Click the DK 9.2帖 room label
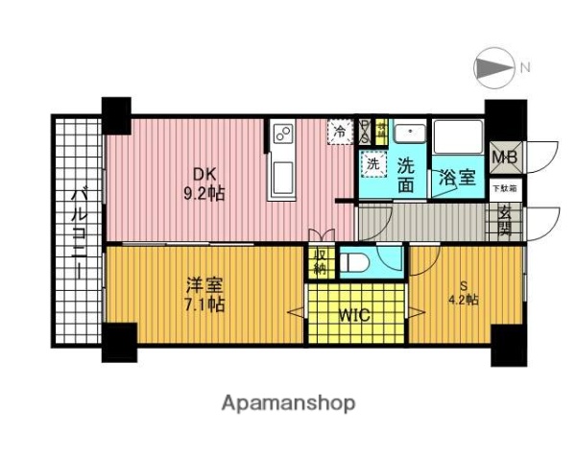pyautogui.click(x=206, y=183)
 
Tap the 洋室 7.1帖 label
pyautogui.click(x=204, y=295)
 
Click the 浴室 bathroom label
pyautogui.click(x=456, y=178)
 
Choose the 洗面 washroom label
pyautogui.click(x=407, y=174)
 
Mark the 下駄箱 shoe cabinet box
pyautogui.click(x=505, y=188)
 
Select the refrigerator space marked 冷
pyautogui.click(x=340, y=132)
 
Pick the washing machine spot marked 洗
pyautogui.click(x=372, y=163)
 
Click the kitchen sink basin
pyautogui.click(x=284, y=178)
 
